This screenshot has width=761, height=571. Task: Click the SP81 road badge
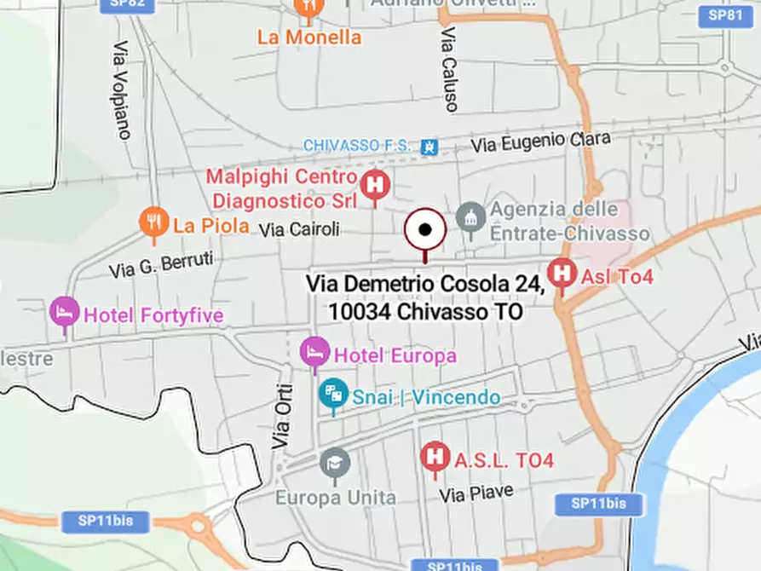[x=726, y=15]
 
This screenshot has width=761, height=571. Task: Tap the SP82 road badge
[x=127, y=5]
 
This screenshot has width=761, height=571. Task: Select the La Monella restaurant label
[x=309, y=37]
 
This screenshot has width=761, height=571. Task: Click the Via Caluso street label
[x=449, y=69]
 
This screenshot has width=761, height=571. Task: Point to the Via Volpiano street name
[x=122, y=90]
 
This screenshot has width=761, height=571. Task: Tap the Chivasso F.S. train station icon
[x=430, y=146]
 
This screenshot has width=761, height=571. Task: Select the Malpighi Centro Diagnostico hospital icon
[x=374, y=185]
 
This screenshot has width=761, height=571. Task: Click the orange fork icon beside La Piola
[x=153, y=222]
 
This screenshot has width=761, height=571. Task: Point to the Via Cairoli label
[x=299, y=229]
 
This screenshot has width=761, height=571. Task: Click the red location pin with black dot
[x=424, y=230]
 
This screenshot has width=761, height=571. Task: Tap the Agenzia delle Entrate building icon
[x=470, y=216]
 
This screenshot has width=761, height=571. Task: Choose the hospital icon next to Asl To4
[x=562, y=274]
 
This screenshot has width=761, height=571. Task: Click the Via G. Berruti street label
[x=161, y=264]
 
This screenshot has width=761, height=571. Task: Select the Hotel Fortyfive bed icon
[x=64, y=313]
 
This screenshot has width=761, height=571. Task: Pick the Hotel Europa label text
[x=395, y=355]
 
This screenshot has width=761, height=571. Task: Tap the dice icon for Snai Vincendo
[x=332, y=394]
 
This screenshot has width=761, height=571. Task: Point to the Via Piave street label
[x=476, y=493]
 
